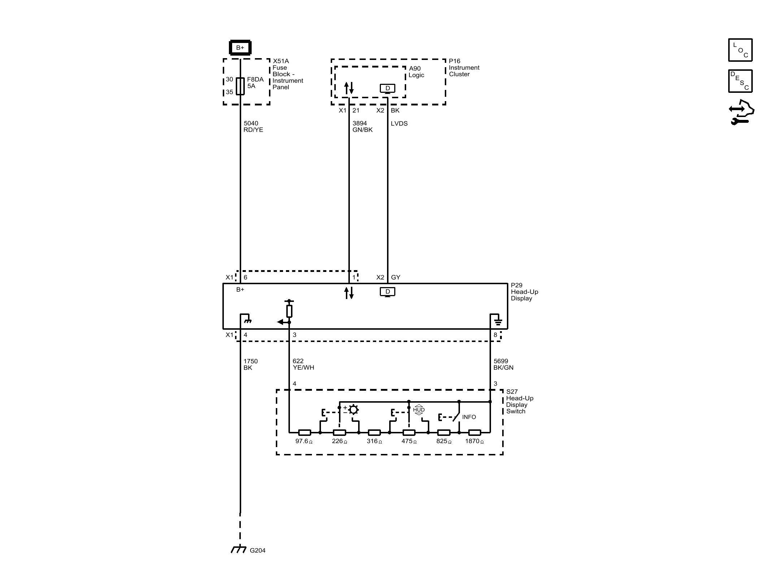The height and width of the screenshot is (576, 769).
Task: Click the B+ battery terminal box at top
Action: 240,48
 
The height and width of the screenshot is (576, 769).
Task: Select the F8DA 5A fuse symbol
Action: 240,86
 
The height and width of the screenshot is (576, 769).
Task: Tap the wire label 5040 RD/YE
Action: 253,127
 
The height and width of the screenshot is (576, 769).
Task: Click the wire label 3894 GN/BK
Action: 362,127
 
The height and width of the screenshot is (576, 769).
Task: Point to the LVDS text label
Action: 399,124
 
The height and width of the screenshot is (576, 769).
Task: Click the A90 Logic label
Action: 416,72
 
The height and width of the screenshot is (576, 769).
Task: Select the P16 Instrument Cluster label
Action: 464,68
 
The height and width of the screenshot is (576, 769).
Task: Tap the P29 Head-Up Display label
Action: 524,292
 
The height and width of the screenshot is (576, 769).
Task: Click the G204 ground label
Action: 257,550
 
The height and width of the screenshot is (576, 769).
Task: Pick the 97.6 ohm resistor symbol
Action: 304,432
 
